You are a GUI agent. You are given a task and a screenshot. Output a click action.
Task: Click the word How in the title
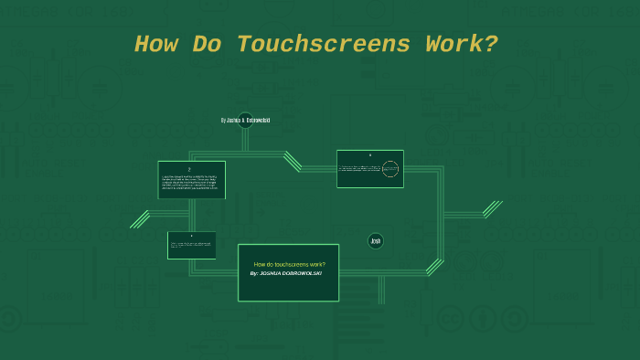click(x=158, y=44)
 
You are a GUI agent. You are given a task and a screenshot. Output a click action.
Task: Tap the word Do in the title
click(x=209, y=44)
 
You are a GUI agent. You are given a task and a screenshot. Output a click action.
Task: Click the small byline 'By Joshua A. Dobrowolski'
click(x=245, y=120)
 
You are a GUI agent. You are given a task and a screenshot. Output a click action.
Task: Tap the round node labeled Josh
click(x=375, y=241)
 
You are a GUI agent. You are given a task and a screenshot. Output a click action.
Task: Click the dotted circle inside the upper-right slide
click(x=390, y=169)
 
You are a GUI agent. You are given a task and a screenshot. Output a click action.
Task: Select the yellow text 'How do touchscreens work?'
click(x=289, y=264)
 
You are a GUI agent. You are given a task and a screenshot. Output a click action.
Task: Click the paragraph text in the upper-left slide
click(x=191, y=181)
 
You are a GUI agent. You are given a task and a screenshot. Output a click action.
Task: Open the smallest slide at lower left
click(x=191, y=245)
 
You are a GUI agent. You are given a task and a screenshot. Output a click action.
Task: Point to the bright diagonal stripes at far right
click(x=492, y=209)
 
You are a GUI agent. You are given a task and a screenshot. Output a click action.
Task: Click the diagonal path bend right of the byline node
click(x=293, y=162)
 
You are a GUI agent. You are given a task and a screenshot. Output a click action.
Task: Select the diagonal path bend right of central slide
click(x=433, y=267)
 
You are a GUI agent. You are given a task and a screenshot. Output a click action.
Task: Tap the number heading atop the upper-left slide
click(x=191, y=168)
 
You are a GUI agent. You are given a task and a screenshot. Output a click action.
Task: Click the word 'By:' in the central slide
click(x=255, y=273)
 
